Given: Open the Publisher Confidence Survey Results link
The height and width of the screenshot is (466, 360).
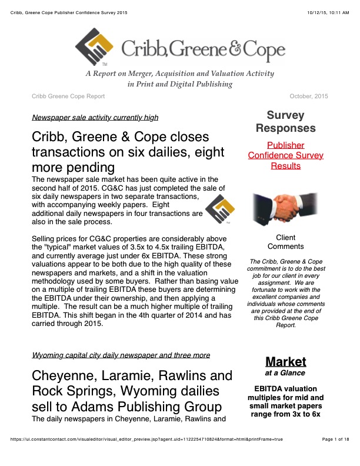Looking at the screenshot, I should (x=285, y=155).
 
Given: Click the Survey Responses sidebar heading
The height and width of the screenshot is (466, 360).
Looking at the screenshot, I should (x=285, y=121).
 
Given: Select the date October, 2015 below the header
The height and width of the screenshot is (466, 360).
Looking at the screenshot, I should (x=309, y=96).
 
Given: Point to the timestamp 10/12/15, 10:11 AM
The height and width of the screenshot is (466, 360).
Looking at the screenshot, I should (x=324, y=12).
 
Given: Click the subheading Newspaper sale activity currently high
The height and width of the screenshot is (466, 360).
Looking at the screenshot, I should (x=95, y=117).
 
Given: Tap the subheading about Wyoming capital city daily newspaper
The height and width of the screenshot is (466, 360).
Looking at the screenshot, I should (x=121, y=355).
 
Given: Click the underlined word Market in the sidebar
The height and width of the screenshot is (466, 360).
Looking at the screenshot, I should (x=285, y=361).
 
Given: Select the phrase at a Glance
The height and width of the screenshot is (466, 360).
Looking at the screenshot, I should (x=285, y=373).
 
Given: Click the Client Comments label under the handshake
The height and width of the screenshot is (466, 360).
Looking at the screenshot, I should (x=285, y=242).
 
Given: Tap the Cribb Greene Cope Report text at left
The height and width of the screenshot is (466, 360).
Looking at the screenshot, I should (x=68, y=96).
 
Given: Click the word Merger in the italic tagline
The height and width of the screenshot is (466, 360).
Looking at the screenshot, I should (x=155, y=74).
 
